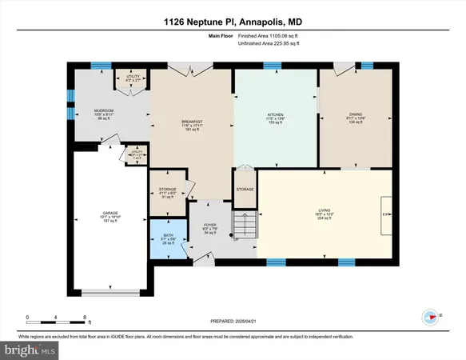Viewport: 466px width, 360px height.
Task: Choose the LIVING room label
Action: (323, 211)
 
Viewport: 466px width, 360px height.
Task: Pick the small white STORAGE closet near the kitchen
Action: (245, 189)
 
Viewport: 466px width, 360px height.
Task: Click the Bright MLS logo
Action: (30, 350)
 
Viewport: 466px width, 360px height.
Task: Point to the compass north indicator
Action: (429, 317)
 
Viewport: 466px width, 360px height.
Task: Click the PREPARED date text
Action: (233, 322)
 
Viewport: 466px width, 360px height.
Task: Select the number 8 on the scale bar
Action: (85, 318)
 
